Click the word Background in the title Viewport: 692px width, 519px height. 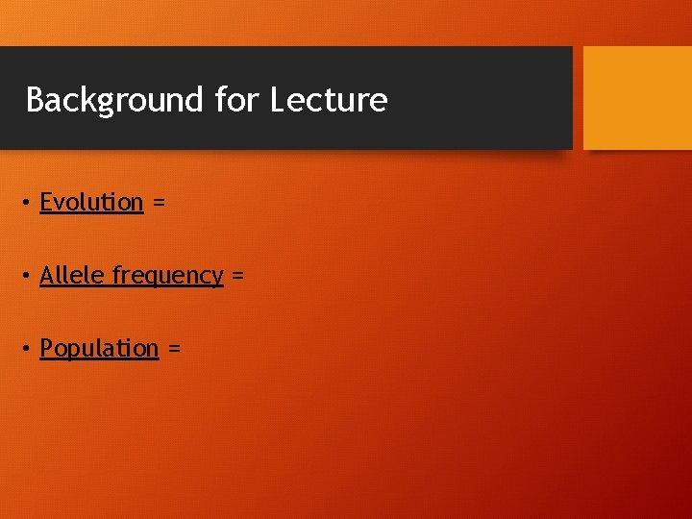pos(114,100)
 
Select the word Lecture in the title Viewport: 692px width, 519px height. pos(330,100)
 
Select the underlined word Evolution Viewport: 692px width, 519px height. pos(91,203)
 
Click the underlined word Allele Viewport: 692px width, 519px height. pos(73,276)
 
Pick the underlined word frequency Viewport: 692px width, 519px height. pos(168,277)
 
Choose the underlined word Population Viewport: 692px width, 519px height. pos(99,349)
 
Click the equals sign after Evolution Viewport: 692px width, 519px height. pos(159,204)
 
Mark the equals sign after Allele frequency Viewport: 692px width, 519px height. pos(237,277)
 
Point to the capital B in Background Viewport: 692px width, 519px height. pos(36,100)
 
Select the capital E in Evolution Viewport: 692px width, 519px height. pos(46,203)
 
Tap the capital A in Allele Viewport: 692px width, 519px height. pos(47,276)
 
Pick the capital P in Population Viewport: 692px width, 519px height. pos(46,349)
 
